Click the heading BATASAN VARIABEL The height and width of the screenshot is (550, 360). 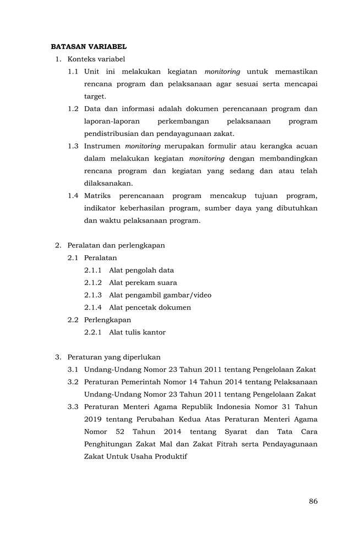click(x=89, y=47)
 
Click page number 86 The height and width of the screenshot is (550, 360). click(x=313, y=501)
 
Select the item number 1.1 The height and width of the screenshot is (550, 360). click(x=73, y=71)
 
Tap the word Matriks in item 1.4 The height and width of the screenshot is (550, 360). click(x=97, y=196)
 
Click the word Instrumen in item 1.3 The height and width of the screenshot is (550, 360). click(x=102, y=146)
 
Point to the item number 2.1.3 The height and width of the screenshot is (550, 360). click(x=93, y=295)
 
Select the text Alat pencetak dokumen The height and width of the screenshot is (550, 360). click(x=150, y=307)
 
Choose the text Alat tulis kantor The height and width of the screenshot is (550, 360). click(x=137, y=332)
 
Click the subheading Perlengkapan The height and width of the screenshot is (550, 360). click(x=107, y=320)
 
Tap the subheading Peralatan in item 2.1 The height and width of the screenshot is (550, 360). click(x=100, y=257)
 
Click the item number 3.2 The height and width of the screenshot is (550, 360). click(x=73, y=382)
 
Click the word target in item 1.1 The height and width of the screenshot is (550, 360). click(x=95, y=96)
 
